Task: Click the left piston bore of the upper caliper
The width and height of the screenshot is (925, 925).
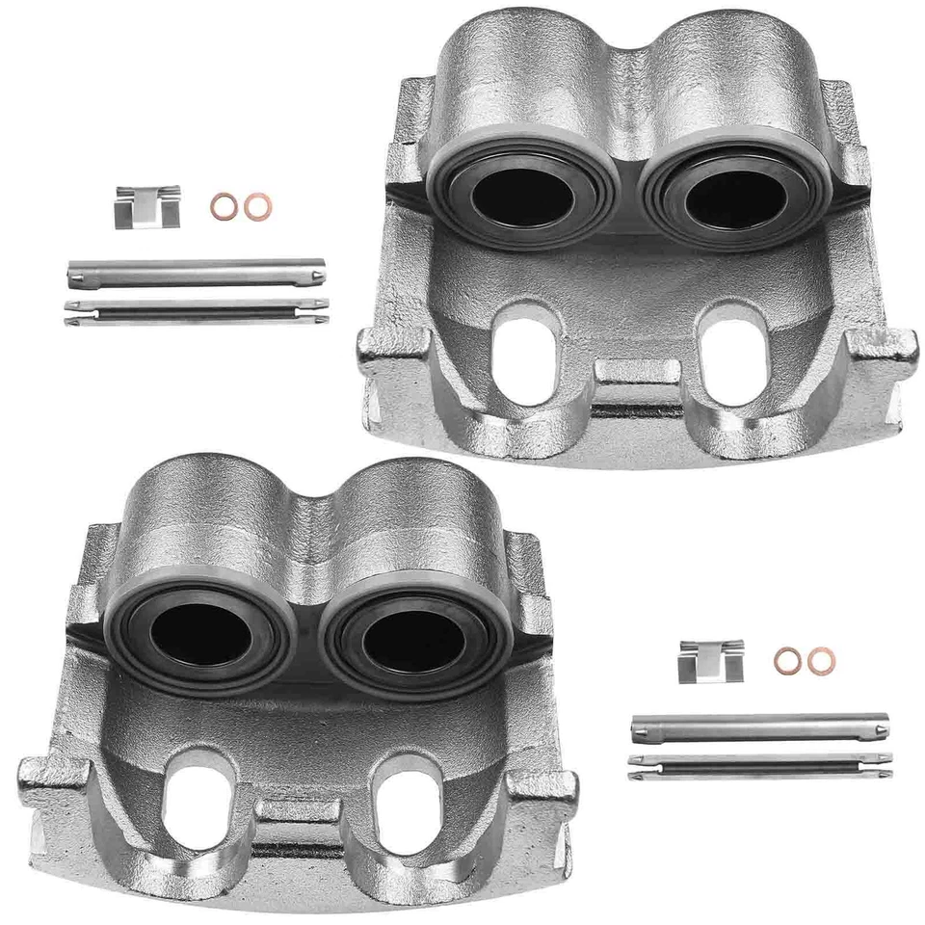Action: point(521,197)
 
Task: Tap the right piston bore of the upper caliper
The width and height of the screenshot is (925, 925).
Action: point(734,198)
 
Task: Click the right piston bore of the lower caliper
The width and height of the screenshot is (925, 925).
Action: point(414,639)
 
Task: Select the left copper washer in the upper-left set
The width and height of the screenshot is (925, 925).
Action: point(225,205)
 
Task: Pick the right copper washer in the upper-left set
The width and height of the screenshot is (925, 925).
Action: point(257,206)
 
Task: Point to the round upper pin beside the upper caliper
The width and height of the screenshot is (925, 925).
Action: point(197,273)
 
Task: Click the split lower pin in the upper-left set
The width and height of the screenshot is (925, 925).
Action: point(197,310)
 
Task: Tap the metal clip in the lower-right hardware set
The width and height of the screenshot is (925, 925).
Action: point(710,661)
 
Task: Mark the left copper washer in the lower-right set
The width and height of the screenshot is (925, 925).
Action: point(788,660)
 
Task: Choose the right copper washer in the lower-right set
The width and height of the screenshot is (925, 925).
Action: point(821,660)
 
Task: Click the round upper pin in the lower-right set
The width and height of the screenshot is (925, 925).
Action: point(759,727)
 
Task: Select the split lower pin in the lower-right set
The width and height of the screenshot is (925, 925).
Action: point(759,765)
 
